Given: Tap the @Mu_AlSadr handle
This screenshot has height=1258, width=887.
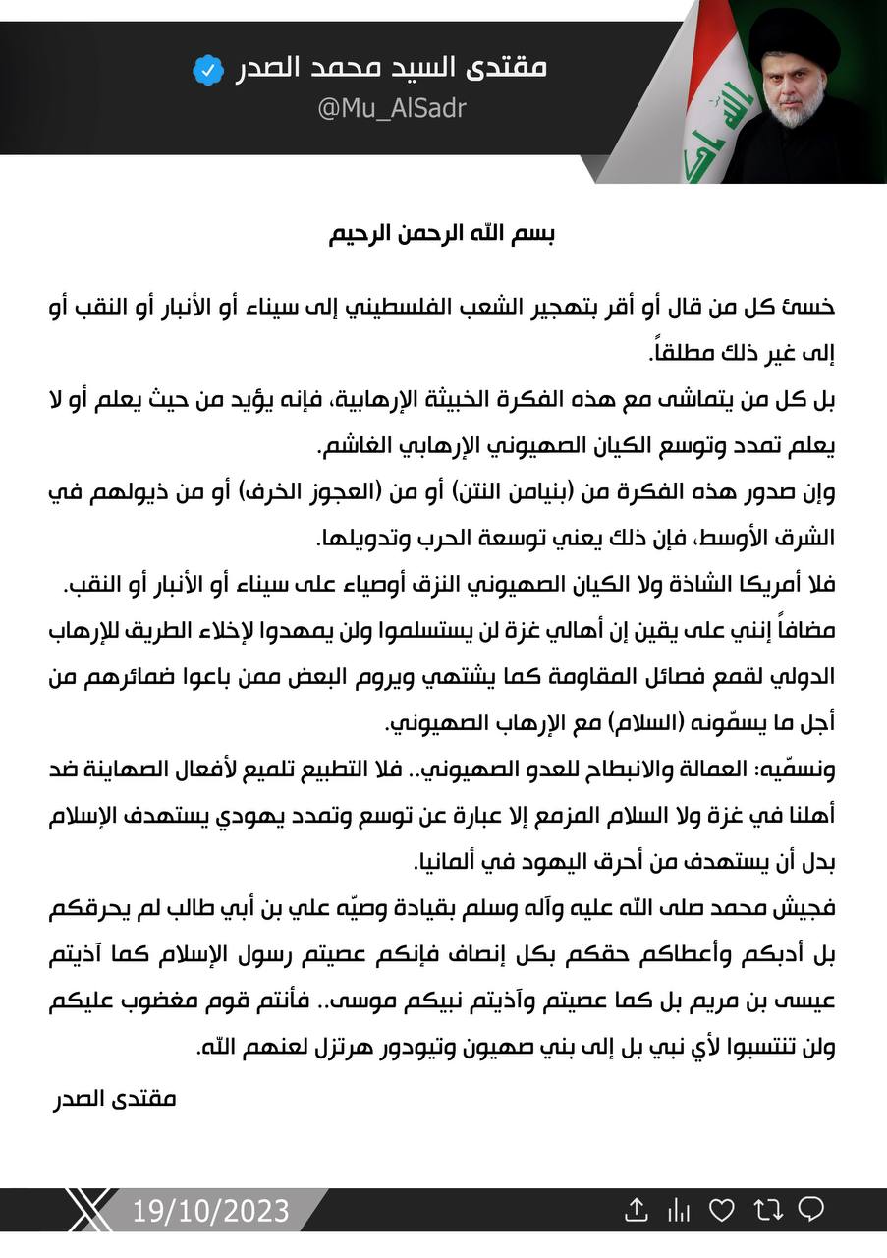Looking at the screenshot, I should point(390,108).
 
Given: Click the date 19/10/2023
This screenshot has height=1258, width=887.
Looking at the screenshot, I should point(211,1210).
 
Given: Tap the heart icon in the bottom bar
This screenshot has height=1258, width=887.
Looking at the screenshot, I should point(722,1210).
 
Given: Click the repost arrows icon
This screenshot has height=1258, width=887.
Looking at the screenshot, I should point(767,1210).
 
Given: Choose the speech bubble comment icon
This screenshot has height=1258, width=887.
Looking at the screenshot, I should point(811,1210).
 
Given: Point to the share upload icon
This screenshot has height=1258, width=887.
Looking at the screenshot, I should point(637,1210).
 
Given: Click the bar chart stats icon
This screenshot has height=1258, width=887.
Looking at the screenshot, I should point(679,1210).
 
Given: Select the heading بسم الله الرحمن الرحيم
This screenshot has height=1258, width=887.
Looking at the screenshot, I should point(443,236).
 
